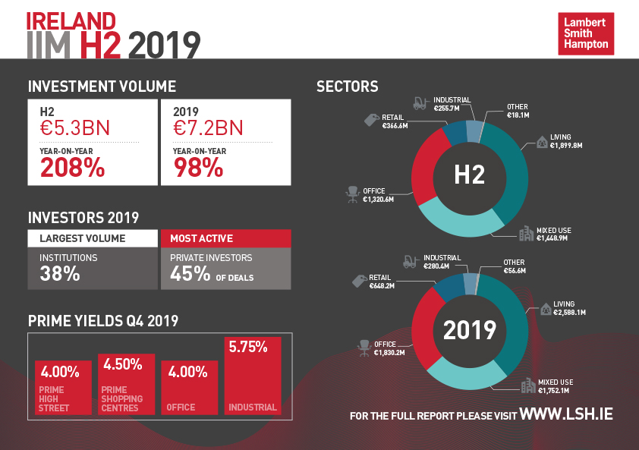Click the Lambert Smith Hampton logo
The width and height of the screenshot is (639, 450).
[x=586, y=33]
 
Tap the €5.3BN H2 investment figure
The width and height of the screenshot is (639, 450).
[x=74, y=127]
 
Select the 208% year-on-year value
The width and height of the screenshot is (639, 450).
[x=72, y=168]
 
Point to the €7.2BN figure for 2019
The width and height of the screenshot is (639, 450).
[x=208, y=127]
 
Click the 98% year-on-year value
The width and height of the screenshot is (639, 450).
[x=198, y=168]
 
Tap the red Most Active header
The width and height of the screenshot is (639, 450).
[x=225, y=238]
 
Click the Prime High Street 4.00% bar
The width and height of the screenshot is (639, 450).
[x=63, y=389]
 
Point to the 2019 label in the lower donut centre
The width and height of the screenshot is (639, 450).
[x=469, y=330]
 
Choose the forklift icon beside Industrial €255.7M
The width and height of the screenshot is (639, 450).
[x=420, y=104]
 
